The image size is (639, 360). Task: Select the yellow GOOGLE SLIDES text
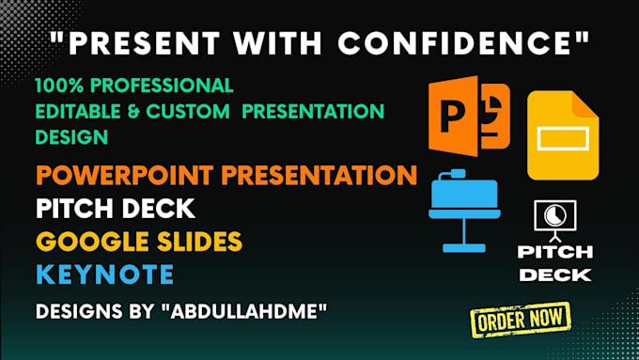[x=138, y=242]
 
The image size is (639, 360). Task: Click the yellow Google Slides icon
[x=562, y=135]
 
